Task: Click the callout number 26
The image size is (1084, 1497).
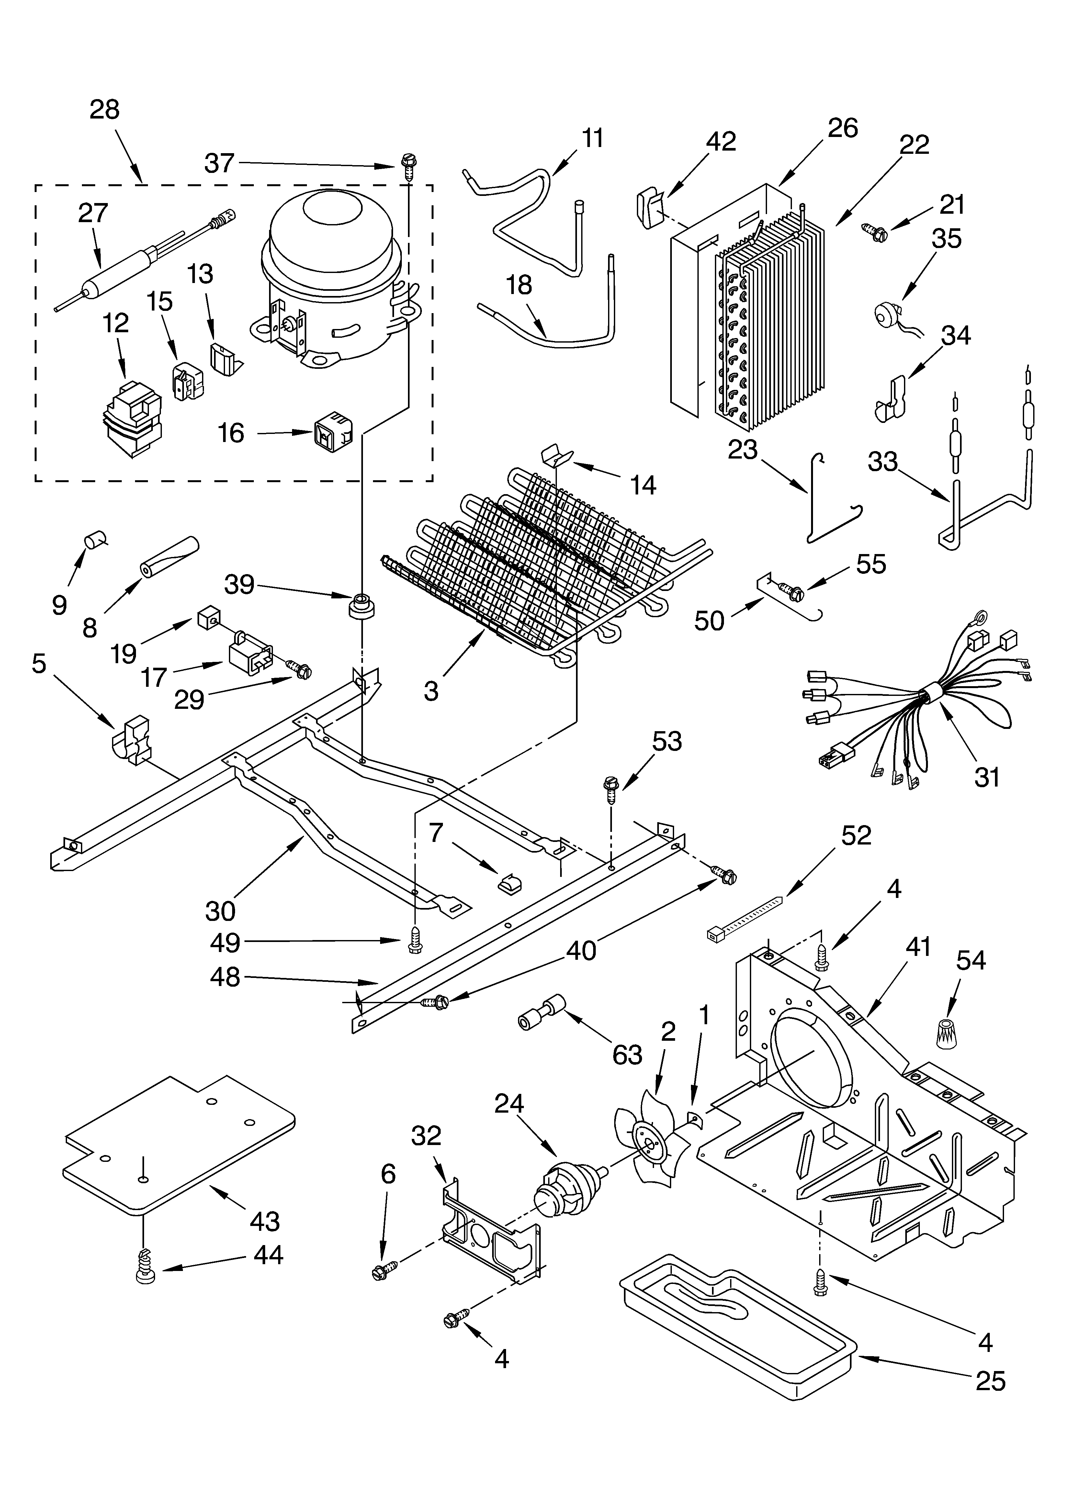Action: tap(842, 127)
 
